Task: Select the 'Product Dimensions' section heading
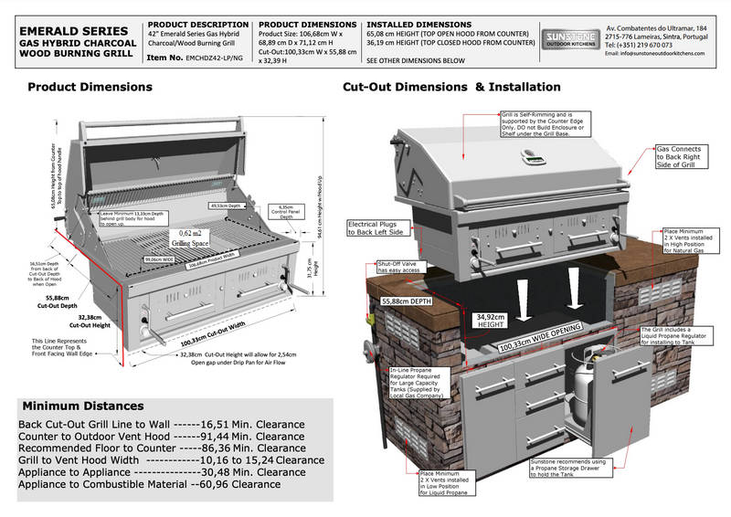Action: pyautogui.click(x=90, y=89)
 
